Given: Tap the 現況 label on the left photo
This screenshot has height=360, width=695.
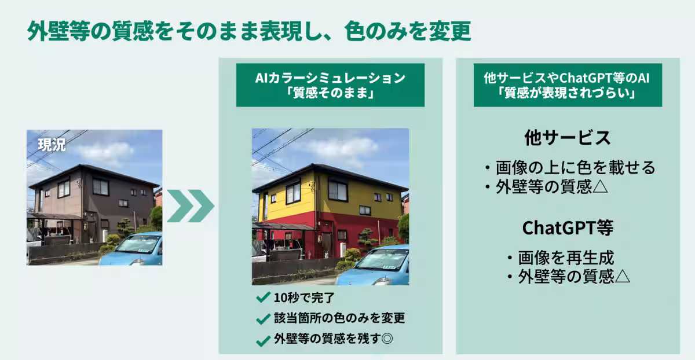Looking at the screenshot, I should [52, 145].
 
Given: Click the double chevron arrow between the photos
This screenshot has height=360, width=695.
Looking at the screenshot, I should [190, 205].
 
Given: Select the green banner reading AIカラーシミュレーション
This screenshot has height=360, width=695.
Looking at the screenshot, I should [330, 85].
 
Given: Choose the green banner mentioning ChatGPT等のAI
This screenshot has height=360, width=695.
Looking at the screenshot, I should [568, 85].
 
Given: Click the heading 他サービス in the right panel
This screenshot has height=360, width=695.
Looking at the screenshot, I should [568, 138].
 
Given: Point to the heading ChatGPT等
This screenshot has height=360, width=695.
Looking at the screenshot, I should [568, 228].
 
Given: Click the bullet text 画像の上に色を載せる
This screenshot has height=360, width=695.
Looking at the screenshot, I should [575, 168].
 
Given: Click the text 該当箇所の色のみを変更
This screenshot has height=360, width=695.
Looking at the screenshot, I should [339, 318].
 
